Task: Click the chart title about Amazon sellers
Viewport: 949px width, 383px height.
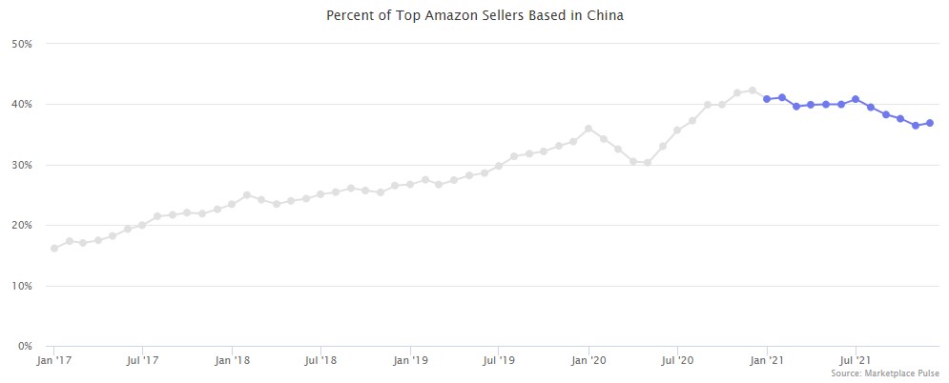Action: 474,15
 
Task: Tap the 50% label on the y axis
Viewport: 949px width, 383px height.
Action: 22,44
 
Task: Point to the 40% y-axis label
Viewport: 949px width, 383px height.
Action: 22,104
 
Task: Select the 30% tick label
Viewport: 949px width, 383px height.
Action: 22,165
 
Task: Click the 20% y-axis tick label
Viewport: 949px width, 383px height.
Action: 22,225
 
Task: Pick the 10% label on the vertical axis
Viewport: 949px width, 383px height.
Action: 22,286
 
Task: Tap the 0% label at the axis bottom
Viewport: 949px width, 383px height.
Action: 25,346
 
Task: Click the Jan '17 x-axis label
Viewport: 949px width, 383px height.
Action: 53,361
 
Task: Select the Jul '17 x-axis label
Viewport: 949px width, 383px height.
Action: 142,361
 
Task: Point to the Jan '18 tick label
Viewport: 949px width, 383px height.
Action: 232,361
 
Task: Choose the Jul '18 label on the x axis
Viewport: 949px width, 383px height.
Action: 321,361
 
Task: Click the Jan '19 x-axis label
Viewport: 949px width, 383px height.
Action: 410,361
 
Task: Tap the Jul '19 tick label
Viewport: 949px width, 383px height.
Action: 500,361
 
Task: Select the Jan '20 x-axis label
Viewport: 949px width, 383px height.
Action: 589,361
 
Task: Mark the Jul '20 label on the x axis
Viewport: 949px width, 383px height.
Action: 678,361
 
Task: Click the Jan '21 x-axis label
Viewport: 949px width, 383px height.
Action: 768,361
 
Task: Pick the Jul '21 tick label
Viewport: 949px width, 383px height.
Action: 856,361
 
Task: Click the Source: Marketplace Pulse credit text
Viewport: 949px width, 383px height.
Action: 885,373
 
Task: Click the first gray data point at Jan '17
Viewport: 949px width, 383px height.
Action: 53,248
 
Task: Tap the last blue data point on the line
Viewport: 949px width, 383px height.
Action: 930,123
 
